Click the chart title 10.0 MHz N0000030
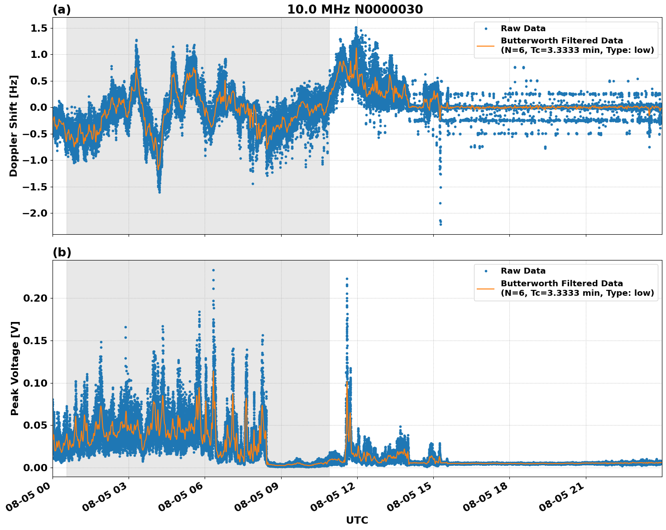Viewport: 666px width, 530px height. point(355,9)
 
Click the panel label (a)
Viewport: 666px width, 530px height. point(62,9)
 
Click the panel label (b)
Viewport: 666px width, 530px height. point(62,252)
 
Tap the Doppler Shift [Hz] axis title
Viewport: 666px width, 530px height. point(14,126)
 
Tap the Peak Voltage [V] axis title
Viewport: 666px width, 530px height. point(15,368)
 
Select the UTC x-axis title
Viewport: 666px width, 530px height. point(357,520)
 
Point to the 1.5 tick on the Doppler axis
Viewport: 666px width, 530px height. point(38,28)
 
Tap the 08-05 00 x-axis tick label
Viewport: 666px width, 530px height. point(29,499)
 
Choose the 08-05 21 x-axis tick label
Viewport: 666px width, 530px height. point(562,499)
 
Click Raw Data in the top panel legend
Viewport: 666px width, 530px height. point(523,28)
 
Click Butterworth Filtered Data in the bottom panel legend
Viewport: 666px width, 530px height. point(561,284)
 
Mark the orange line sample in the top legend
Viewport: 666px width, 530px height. point(485,45)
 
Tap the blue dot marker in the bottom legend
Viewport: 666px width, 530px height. point(485,271)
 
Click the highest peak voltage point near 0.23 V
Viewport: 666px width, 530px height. point(213,270)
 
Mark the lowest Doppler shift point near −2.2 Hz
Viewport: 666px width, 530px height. point(441,224)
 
